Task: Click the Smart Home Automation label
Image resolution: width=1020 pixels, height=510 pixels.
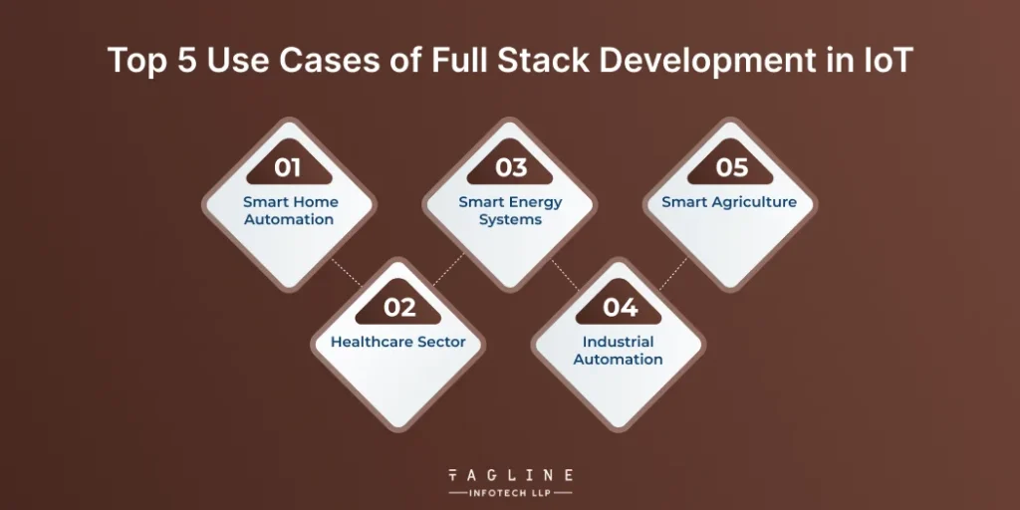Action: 290,210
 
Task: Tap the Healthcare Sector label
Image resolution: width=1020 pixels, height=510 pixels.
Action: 398,342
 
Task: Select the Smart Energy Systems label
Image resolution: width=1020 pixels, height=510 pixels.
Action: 510,210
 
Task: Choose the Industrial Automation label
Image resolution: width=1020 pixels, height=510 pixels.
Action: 619,351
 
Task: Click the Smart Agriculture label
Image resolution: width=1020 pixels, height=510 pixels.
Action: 729,202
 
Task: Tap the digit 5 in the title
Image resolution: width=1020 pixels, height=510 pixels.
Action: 183,61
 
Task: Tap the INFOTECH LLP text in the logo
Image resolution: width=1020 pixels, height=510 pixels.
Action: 510,492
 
